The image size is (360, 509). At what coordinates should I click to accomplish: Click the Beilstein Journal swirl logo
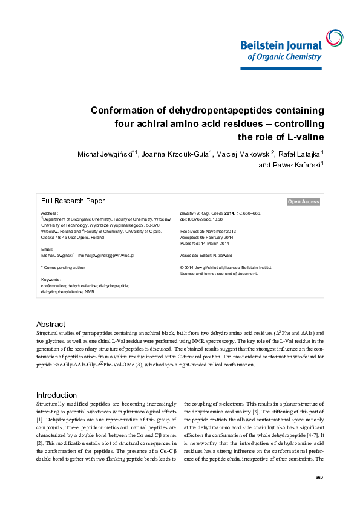[333, 37]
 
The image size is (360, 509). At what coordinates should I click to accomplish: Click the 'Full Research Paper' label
[73, 201]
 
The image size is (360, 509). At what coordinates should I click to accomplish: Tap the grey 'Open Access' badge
[303, 201]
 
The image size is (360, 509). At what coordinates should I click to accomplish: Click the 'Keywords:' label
[51, 279]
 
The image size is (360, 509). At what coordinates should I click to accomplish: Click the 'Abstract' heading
[51, 324]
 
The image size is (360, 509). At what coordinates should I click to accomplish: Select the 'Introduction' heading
[56, 378]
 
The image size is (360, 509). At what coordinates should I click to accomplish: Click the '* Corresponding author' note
[63, 267]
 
